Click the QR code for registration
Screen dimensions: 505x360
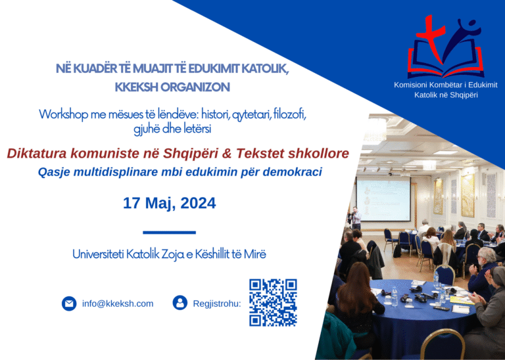coord(273,302)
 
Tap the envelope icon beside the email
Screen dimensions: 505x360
coord(69,304)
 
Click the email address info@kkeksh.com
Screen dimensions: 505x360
coord(118,304)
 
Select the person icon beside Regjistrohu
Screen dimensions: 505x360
coord(180,303)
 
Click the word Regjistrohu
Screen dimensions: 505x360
coord(217,304)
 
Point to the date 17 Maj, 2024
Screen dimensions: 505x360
coord(170,204)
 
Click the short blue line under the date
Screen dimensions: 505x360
coord(170,233)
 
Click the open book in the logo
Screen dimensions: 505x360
coord(446,62)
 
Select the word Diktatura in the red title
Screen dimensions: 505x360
coord(37,154)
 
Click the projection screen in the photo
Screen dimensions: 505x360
coord(383,200)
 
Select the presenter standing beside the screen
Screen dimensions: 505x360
coord(356,218)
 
